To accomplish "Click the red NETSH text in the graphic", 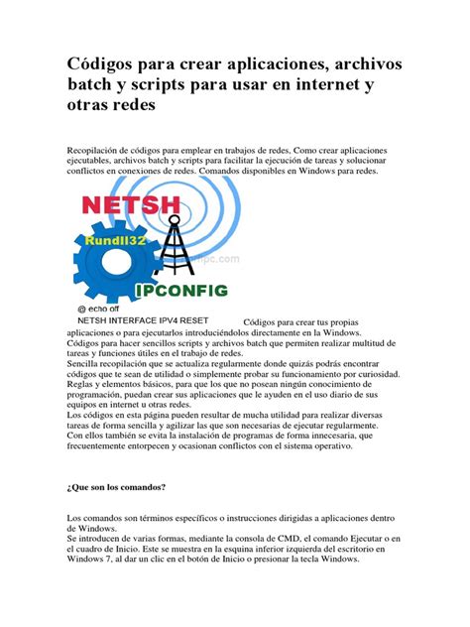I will [131, 206].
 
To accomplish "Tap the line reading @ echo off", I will [103, 309].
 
